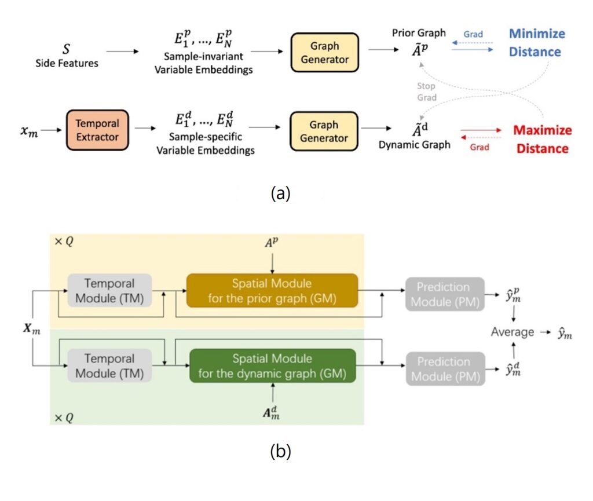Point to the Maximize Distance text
tap(542, 139)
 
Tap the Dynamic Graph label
tap(414, 145)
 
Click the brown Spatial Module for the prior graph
tap(272, 291)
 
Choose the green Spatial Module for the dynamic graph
tap(272, 366)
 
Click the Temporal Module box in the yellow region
tap(109, 291)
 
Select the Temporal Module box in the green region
tap(109, 366)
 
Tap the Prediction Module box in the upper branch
tap(443, 294)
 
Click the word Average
tap(513, 332)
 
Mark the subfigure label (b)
tap(280, 451)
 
